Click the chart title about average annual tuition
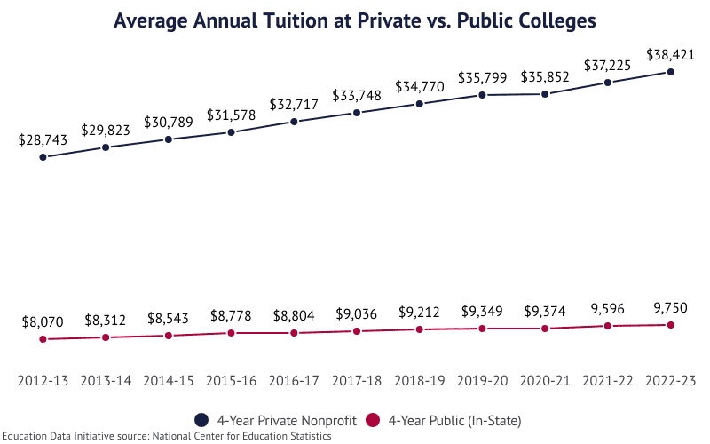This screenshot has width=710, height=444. pos(354,20)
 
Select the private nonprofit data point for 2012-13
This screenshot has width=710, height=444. pos(43,157)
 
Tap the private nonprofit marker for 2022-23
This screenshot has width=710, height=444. pos(670,72)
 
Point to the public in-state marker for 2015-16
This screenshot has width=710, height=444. pos(231,333)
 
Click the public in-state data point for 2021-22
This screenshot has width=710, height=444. pos(607,326)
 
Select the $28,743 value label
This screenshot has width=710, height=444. pos(43,139)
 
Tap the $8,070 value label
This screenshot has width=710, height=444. pos(43,321)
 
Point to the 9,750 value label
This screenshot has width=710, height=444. pos(670,308)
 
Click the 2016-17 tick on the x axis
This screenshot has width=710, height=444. pos(294,380)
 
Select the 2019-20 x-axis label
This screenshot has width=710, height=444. pos(482,380)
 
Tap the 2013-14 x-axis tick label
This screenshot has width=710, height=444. pos(106,380)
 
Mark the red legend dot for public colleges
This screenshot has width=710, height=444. pos(374,419)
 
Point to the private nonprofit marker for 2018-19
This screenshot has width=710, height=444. pos(420,104)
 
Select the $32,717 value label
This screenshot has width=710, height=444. pos(294,103)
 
